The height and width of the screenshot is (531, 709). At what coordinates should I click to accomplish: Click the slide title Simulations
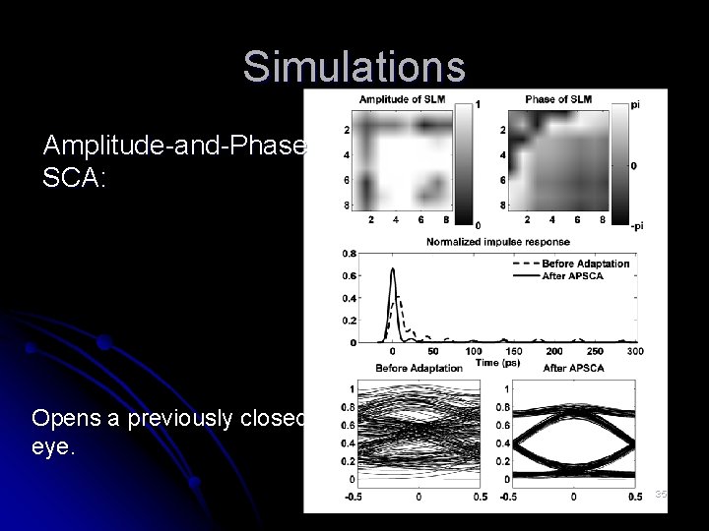354,67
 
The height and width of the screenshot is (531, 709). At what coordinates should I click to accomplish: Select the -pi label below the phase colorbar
637,225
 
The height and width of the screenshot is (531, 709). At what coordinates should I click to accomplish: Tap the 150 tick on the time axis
514,351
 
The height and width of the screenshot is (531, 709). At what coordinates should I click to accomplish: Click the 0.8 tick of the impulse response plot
350,253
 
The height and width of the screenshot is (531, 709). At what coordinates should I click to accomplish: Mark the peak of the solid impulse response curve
393,269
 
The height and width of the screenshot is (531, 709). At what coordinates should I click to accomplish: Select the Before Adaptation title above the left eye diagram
419,368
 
